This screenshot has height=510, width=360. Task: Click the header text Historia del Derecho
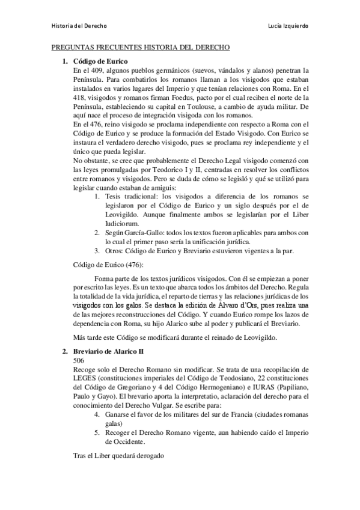[79, 26]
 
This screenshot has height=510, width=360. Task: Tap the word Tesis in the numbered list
[113, 197]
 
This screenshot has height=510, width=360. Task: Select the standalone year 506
[79, 360]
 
